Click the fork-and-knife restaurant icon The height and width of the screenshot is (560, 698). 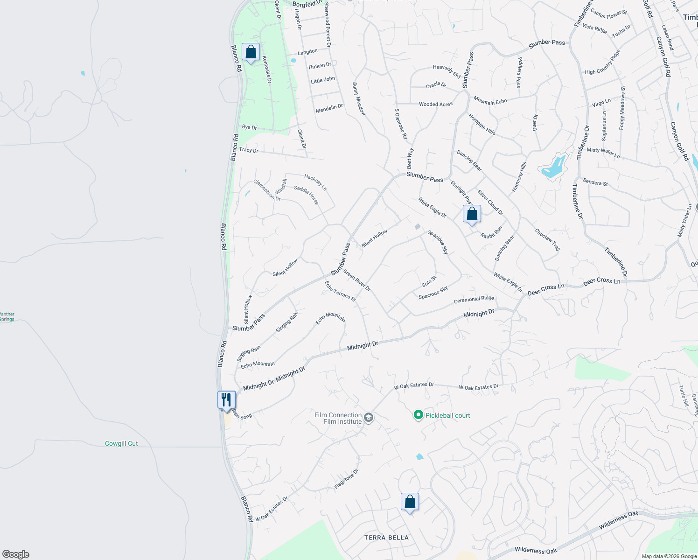click(226, 400)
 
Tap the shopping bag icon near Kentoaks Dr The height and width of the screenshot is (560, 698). click(251, 52)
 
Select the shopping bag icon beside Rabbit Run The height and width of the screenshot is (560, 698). click(472, 214)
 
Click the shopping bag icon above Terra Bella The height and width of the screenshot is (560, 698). click(410, 502)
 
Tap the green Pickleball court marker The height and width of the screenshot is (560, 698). click(419, 415)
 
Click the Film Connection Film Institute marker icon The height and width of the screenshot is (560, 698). click(369, 418)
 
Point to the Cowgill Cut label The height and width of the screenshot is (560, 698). click(121, 443)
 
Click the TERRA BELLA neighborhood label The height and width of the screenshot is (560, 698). click(386, 538)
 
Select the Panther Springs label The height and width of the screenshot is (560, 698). click(7, 317)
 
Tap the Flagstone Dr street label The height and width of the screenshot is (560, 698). click(346, 479)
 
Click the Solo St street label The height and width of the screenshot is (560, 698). click(429, 281)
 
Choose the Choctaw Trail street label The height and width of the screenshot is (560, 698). click(547, 239)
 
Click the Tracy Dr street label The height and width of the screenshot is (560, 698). click(248, 150)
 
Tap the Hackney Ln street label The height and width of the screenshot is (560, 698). click(315, 182)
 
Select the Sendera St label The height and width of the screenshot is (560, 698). click(595, 182)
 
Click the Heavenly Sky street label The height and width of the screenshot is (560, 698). click(447, 71)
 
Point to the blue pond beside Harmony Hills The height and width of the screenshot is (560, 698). click(553, 167)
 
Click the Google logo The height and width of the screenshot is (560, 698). click(15, 554)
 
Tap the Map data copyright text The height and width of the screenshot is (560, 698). click(669, 556)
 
